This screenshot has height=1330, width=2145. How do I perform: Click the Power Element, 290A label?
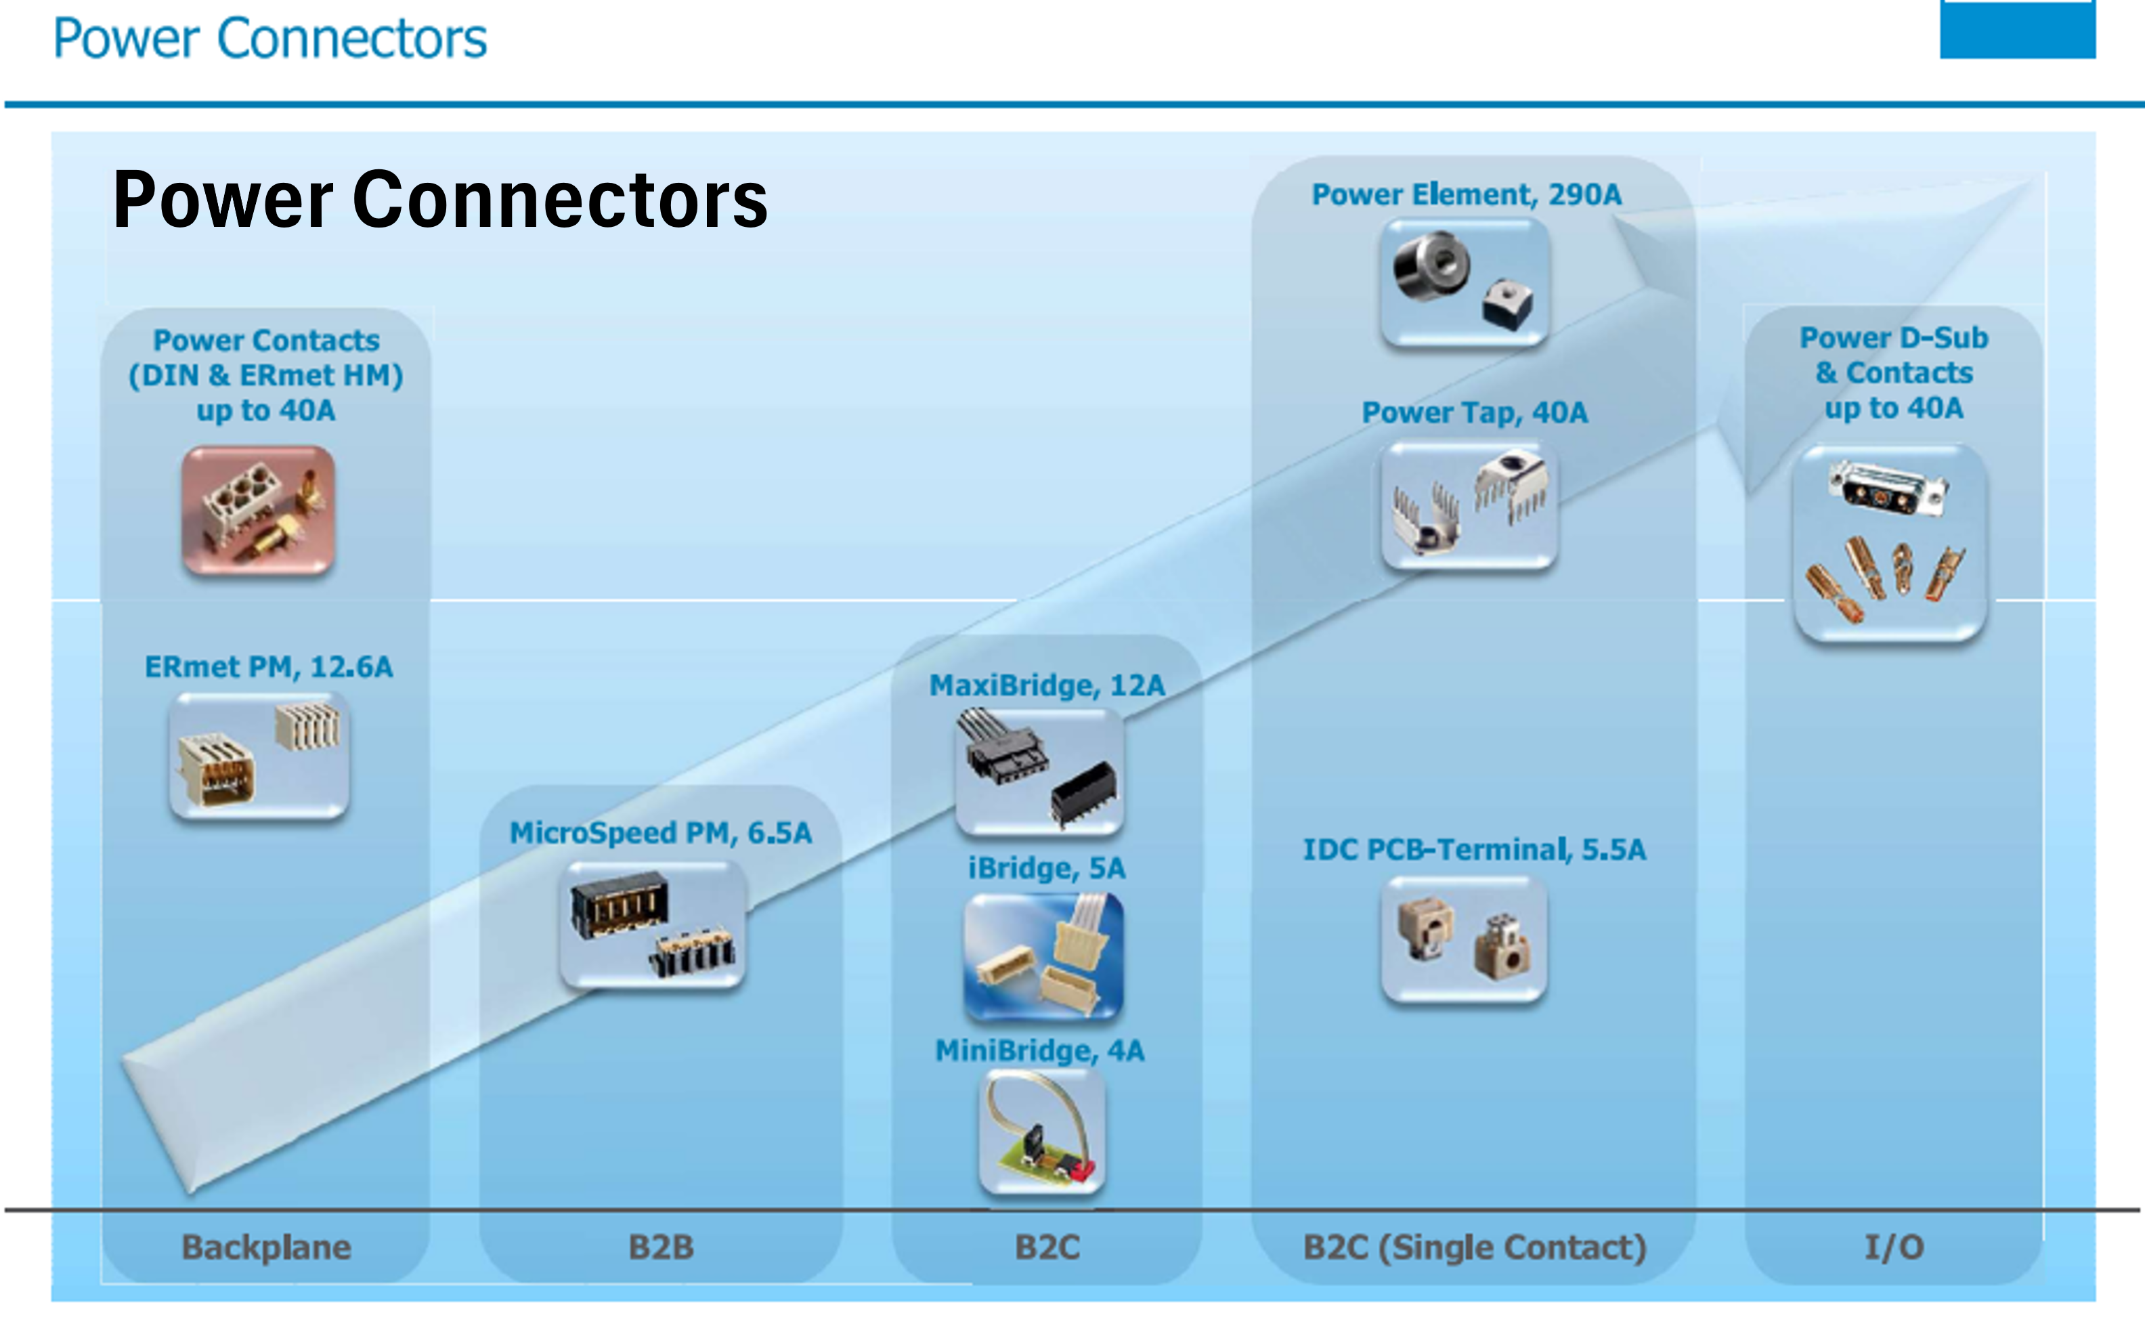point(1466,194)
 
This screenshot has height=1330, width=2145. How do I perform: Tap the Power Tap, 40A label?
point(1475,412)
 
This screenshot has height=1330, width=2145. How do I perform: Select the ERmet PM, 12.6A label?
point(268,667)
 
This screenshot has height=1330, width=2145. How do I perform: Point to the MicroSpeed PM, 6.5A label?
point(660,833)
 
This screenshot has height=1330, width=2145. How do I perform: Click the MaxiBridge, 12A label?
point(1047,685)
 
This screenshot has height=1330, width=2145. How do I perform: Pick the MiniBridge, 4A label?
point(1039,1050)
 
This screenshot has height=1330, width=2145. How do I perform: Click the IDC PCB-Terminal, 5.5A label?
point(1474,850)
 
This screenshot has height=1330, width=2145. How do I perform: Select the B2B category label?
point(660,1247)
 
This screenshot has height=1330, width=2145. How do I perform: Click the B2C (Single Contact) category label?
point(1474,1247)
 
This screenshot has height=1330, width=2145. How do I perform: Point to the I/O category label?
point(1894,1247)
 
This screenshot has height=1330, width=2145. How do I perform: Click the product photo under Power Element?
point(1465,282)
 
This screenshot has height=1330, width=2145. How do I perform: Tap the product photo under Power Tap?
point(1469,506)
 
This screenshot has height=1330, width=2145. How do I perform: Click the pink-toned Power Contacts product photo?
point(258,510)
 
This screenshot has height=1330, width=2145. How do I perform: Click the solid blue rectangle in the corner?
point(2018,29)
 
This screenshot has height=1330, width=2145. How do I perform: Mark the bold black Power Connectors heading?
point(439,200)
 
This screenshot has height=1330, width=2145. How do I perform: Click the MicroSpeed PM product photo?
point(653,924)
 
